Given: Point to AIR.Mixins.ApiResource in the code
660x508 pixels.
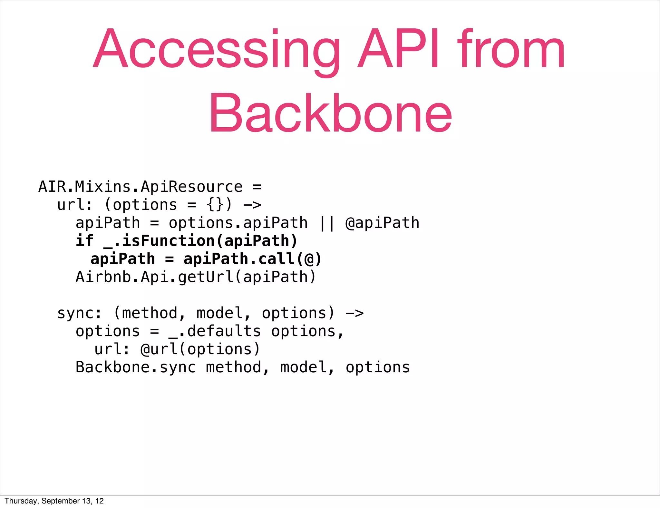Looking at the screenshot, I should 141,187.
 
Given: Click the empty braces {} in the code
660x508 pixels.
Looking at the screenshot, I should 215,205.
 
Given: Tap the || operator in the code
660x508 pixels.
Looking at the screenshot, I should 326,223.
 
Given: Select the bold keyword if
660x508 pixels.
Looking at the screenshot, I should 84,241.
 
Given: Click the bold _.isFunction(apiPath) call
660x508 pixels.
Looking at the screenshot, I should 200,241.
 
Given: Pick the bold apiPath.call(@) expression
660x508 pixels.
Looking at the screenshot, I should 253,259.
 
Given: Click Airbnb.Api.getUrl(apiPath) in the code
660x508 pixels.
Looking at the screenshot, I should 196,277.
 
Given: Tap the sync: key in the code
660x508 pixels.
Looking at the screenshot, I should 79,313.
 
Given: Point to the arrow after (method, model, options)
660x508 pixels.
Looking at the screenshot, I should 354,313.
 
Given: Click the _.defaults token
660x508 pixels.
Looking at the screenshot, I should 215,331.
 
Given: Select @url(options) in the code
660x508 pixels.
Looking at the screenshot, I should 200,349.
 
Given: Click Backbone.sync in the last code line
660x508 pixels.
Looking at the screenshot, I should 136,367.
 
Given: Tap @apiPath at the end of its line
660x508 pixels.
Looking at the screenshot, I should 382,223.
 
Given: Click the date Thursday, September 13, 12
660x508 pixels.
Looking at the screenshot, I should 54,501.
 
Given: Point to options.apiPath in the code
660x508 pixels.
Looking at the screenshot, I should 238,223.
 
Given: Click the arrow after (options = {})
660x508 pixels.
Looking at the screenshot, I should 252,205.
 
